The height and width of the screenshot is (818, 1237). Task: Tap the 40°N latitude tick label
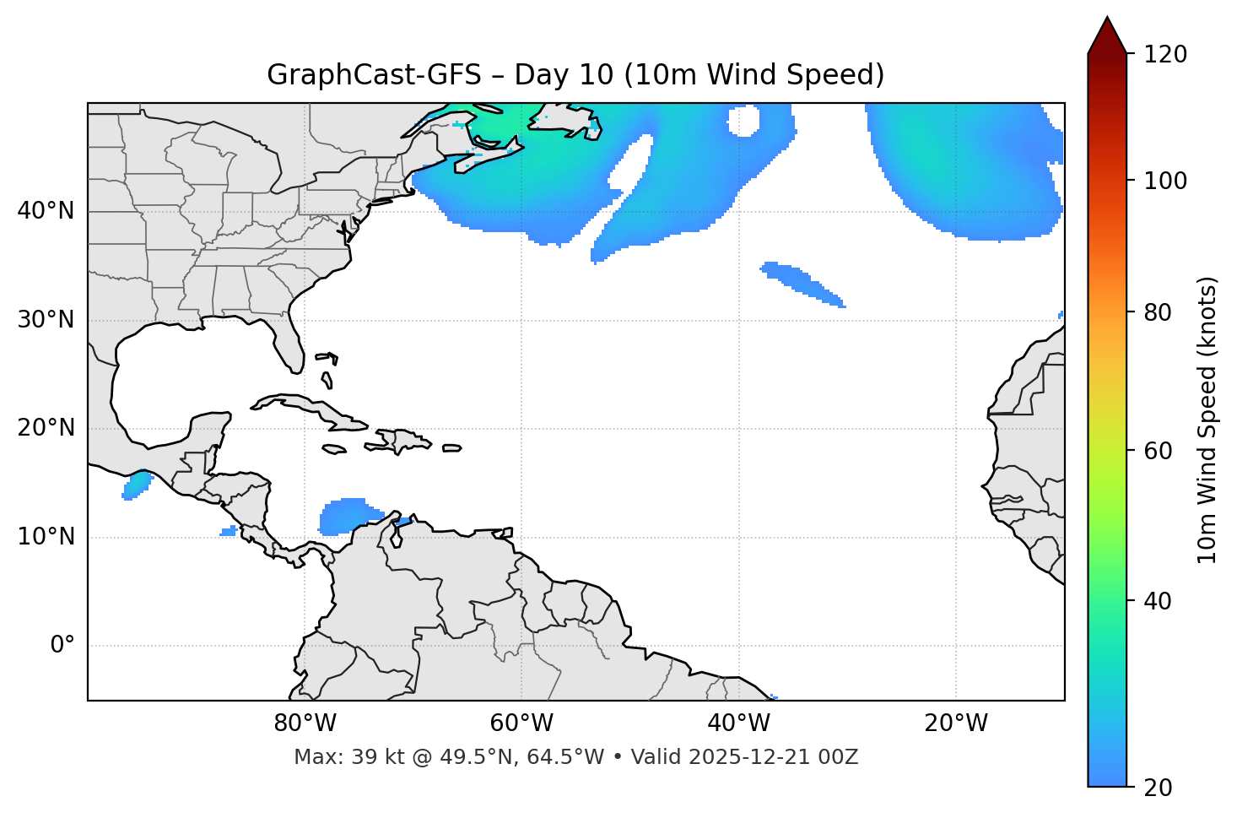(46, 211)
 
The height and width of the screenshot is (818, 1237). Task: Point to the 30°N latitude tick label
(46, 320)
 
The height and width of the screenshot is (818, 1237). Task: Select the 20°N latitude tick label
(46, 428)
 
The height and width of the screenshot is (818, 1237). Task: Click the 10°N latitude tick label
(46, 537)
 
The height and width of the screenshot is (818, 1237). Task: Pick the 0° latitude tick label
(62, 646)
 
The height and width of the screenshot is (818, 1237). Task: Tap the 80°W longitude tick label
(305, 723)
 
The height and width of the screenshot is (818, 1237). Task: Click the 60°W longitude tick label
(521, 723)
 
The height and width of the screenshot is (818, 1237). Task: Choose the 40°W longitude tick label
(738, 723)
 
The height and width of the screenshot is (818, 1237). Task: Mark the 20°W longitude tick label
(955, 723)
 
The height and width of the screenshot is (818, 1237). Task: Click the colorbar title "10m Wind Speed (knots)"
(1207, 420)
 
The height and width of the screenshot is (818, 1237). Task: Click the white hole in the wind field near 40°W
(744, 122)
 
